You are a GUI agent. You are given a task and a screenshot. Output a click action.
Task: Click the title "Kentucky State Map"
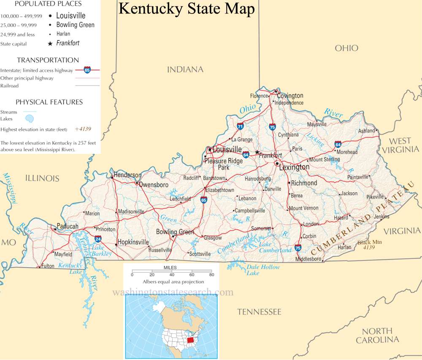[x=187, y=9]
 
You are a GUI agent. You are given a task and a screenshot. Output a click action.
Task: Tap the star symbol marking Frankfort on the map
[x=257, y=152]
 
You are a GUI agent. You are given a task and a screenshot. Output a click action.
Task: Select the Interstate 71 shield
[x=240, y=126]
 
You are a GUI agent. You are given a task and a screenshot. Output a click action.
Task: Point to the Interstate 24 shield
[x=98, y=239]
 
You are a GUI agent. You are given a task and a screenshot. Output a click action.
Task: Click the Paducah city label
[x=68, y=226]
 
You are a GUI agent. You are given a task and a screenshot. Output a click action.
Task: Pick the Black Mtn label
[x=370, y=242]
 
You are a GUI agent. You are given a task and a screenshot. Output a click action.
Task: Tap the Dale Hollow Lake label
[x=262, y=270]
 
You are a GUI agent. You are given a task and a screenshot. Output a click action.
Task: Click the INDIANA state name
[x=185, y=70]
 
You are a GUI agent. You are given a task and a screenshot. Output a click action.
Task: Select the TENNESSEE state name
[x=259, y=312]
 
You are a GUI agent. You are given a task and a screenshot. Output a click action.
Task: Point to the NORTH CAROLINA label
[x=377, y=336]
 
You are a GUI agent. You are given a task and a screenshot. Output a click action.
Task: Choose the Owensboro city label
[x=154, y=185]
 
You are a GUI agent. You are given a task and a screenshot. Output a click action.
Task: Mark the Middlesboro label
[x=308, y=259]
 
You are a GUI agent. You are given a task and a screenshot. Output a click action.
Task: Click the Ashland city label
[x=366, y=131]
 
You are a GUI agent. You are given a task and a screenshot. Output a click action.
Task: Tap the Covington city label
[x=290, y=96]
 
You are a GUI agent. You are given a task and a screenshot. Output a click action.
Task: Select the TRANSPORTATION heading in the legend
[x=48, y=60]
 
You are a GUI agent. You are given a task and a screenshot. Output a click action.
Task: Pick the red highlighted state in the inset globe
[x=192, y=339]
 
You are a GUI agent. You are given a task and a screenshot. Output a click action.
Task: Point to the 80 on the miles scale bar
[x=211, y=275]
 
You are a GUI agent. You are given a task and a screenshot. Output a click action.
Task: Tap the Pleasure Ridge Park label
[x=223, y=164]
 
